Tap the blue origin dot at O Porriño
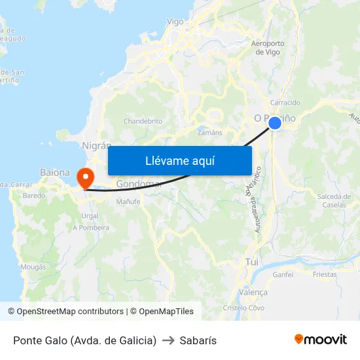[x=275, y=122]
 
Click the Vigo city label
[x=175, y=22]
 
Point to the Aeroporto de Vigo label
[x=268, y=48]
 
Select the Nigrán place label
[x=97, y=145]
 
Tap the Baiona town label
[x=55, y=172]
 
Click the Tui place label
[x=251, y=261]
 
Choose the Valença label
[x=254, y=293]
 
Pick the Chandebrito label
[x=143, y=121]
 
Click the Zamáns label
[x=210, y=132]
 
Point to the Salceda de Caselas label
[x=334, y=200]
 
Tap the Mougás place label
[x=33, y=267]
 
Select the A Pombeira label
[x=91, y=228]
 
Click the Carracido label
[x=285, y=103]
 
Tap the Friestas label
[x=325, y=274]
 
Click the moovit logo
[x=320, y=340]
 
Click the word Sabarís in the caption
[x=198, y=340]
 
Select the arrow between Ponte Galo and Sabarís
[x=168, y=340]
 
